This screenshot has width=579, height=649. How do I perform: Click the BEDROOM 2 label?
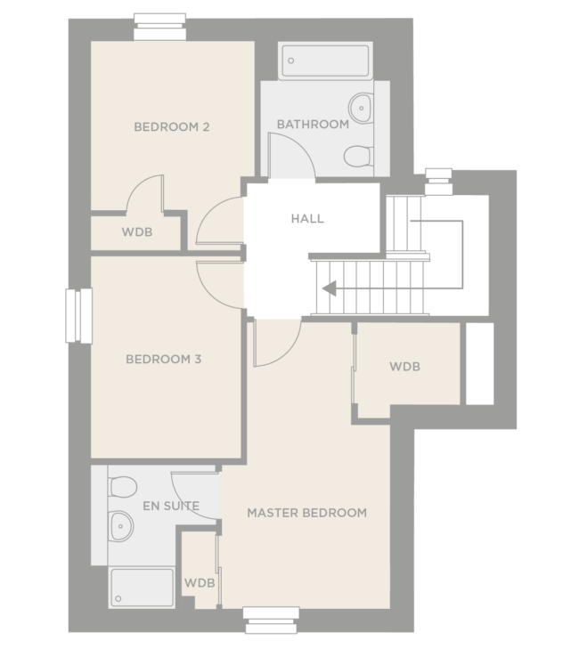point(172,126)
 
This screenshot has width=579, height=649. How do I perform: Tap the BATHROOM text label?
point(312,124)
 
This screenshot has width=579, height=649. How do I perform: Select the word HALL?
point(307,218)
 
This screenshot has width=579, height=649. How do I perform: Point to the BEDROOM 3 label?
point(163,360)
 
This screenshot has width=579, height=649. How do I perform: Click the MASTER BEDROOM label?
point(306,513)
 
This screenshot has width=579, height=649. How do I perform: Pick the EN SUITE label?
point(171,507)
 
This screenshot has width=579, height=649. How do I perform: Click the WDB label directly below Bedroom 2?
point(137,233)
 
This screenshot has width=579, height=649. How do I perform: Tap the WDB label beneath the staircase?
point(404,367)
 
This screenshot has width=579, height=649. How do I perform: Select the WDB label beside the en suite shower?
point(200,583)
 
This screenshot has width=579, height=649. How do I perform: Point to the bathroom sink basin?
point(360,108)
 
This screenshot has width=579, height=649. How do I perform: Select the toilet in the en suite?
point(121,487)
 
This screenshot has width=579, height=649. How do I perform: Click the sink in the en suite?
point(119,529)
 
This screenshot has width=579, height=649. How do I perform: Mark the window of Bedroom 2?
point(159,27)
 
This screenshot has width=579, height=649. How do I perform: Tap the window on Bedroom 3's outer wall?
point(78,315)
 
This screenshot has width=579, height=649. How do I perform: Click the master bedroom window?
point(271,620)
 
